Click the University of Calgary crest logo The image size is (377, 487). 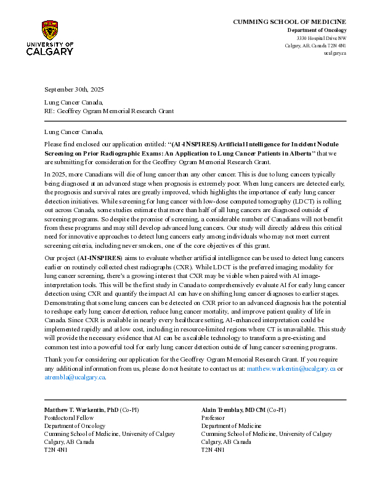click(x=50, y=30)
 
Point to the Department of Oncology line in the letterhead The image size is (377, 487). click(x=317, y=30)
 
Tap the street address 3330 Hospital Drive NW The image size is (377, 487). click(x=322, y=38)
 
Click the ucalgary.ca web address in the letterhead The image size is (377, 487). click(x=335, y=53)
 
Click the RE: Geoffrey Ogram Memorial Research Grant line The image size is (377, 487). click(x=109, y=111)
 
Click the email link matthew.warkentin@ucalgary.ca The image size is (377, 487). click(x=291, y=368)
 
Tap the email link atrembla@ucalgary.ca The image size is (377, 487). click(x=75, y=377)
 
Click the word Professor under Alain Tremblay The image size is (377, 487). click(x=213, y=418)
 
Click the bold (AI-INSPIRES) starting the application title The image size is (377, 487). click(x=196, y=144)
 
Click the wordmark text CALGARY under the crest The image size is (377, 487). click(x=50, y=51)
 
